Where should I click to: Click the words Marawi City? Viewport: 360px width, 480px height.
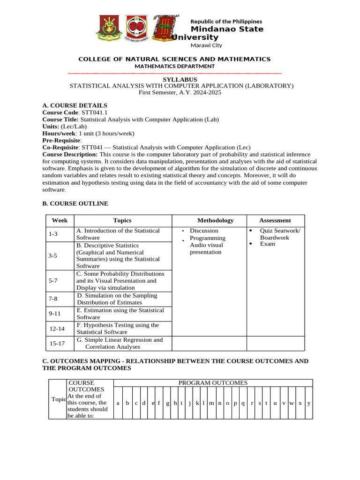[x=206, y=45]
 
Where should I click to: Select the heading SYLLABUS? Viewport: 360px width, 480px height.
[x=180, y=80]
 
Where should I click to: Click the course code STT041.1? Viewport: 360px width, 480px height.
[x=95, y=112]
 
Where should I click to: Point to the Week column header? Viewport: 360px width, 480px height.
[x=60, y=220]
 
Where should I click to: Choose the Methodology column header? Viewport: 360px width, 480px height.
[x=215, y=220]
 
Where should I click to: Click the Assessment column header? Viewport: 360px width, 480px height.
[x=275, y=220]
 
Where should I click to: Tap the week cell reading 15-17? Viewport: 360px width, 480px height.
[x=57, y=343]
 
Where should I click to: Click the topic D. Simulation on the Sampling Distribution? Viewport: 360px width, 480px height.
[x=117, y=299]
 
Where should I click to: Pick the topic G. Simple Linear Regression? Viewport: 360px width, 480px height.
[x=120, y=343]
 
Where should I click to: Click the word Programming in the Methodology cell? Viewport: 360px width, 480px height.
[x=207, y=238]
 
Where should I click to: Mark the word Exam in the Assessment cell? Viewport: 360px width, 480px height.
[x=267, y=244]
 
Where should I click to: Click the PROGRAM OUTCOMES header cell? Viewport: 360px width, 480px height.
[x=213, y=383]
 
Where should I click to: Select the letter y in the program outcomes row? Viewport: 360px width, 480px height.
[x=308, y=403]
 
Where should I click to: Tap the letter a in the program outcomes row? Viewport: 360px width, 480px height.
[x=118, y=403]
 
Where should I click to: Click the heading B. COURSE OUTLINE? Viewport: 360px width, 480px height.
[x=75, y=203]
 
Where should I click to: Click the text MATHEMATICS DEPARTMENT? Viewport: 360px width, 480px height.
[x=174, y=66]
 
